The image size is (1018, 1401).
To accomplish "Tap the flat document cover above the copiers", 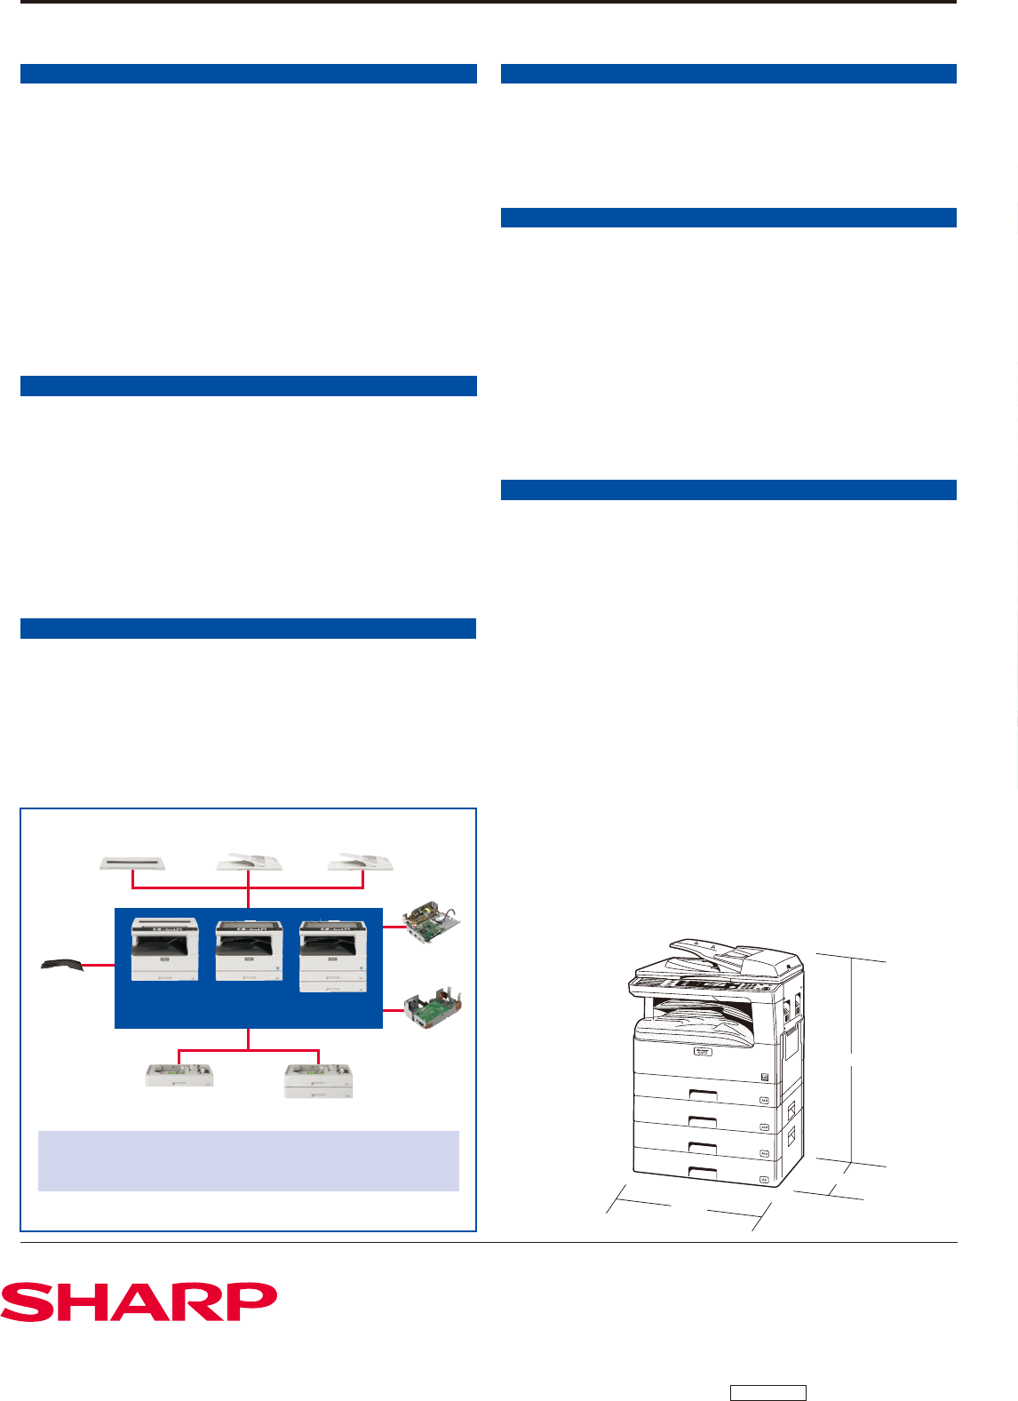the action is (132, 864).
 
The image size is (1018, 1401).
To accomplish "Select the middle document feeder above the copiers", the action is (249, 861).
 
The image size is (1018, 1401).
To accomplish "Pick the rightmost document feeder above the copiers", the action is (360, 861).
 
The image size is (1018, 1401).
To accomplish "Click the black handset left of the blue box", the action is (62, 964).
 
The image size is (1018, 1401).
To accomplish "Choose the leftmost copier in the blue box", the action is (164, 949).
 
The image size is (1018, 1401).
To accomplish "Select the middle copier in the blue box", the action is (249, 950).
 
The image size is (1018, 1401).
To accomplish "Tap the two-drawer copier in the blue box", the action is (332, 956).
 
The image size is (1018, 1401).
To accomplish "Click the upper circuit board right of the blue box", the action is (432, 921).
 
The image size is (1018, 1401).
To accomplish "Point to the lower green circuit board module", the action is (433, 1007).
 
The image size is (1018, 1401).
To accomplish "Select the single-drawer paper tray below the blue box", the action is (179, 1075).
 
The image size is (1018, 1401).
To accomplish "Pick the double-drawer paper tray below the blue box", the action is (319, 1081).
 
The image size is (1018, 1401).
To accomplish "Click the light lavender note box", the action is (249, 1161).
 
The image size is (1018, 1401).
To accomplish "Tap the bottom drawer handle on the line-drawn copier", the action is (703, 1172).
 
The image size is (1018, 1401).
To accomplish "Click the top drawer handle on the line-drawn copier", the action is (704, 1094).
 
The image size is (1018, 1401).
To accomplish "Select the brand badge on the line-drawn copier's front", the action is (703, 1051).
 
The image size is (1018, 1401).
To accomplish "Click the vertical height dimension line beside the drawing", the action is (852, 1060).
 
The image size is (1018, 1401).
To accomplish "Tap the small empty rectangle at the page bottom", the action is (767, 1392).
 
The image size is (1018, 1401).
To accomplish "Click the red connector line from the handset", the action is (99, 965).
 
